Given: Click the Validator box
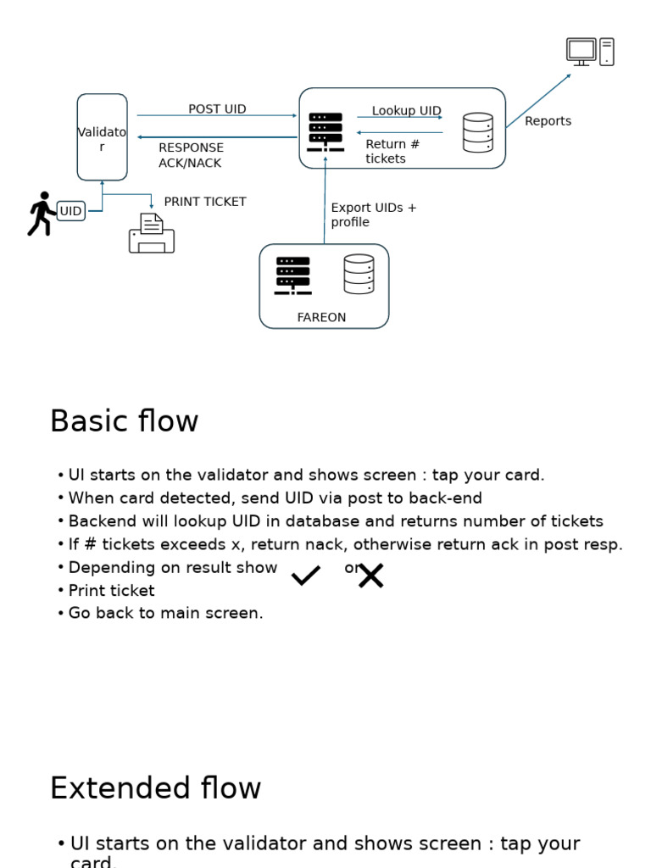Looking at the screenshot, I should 102,137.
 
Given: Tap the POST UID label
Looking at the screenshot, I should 217,109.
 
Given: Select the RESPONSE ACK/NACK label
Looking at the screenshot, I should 192,155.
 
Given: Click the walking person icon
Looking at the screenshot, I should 41,214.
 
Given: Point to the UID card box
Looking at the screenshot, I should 71,211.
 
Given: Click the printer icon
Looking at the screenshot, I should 152,234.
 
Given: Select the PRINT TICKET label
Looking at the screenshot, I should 205,202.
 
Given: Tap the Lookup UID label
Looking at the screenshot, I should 406,111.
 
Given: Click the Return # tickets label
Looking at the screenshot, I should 392,151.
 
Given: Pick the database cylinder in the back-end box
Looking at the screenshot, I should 478,133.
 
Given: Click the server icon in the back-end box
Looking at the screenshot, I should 325,131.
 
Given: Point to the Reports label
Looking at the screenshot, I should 548,121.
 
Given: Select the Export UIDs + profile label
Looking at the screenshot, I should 373,214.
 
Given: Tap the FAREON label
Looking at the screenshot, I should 321,318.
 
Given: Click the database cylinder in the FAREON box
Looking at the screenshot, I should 359,274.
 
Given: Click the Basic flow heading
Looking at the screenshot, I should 124,421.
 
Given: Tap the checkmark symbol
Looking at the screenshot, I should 306,576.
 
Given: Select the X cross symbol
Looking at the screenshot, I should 370,576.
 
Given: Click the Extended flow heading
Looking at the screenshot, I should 155,788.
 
